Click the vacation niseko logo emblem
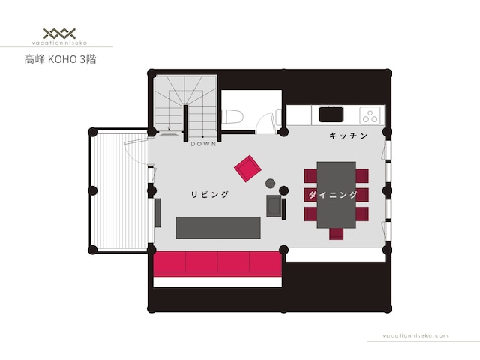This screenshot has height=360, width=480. tap(59, 33)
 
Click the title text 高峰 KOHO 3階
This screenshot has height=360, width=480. tap(60, 59)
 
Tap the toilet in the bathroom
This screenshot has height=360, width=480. tap(232, 117)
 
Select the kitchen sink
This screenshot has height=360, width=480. tap(331, 114)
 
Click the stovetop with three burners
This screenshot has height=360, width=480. tap(370, 115)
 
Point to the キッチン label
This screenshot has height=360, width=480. tap(348, 136)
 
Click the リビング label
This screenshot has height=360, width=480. tap(210, 194)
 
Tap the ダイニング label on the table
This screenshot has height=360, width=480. tap(333, 195)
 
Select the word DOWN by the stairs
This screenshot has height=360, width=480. tap(203, 144)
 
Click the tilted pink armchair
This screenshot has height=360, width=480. tap(247, 169)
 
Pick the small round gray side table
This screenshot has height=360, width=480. tap(270, 183)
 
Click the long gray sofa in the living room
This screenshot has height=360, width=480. tap(218, 227)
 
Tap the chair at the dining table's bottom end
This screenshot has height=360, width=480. tap(337, 233)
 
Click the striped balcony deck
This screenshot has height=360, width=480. tap(120, 191)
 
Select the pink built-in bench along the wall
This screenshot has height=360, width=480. tap(217, 264)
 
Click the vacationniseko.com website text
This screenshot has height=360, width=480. tap(415, 335)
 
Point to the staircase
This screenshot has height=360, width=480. tap(185, 105)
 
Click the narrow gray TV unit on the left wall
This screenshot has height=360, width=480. tap(158, 213)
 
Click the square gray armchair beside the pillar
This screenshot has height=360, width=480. tap(274, 206)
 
